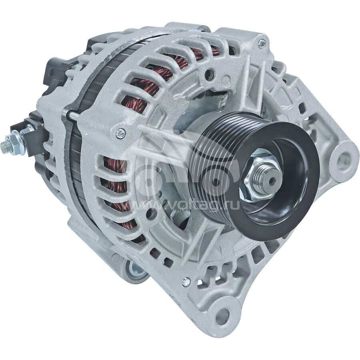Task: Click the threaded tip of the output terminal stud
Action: tap(4, 147)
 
